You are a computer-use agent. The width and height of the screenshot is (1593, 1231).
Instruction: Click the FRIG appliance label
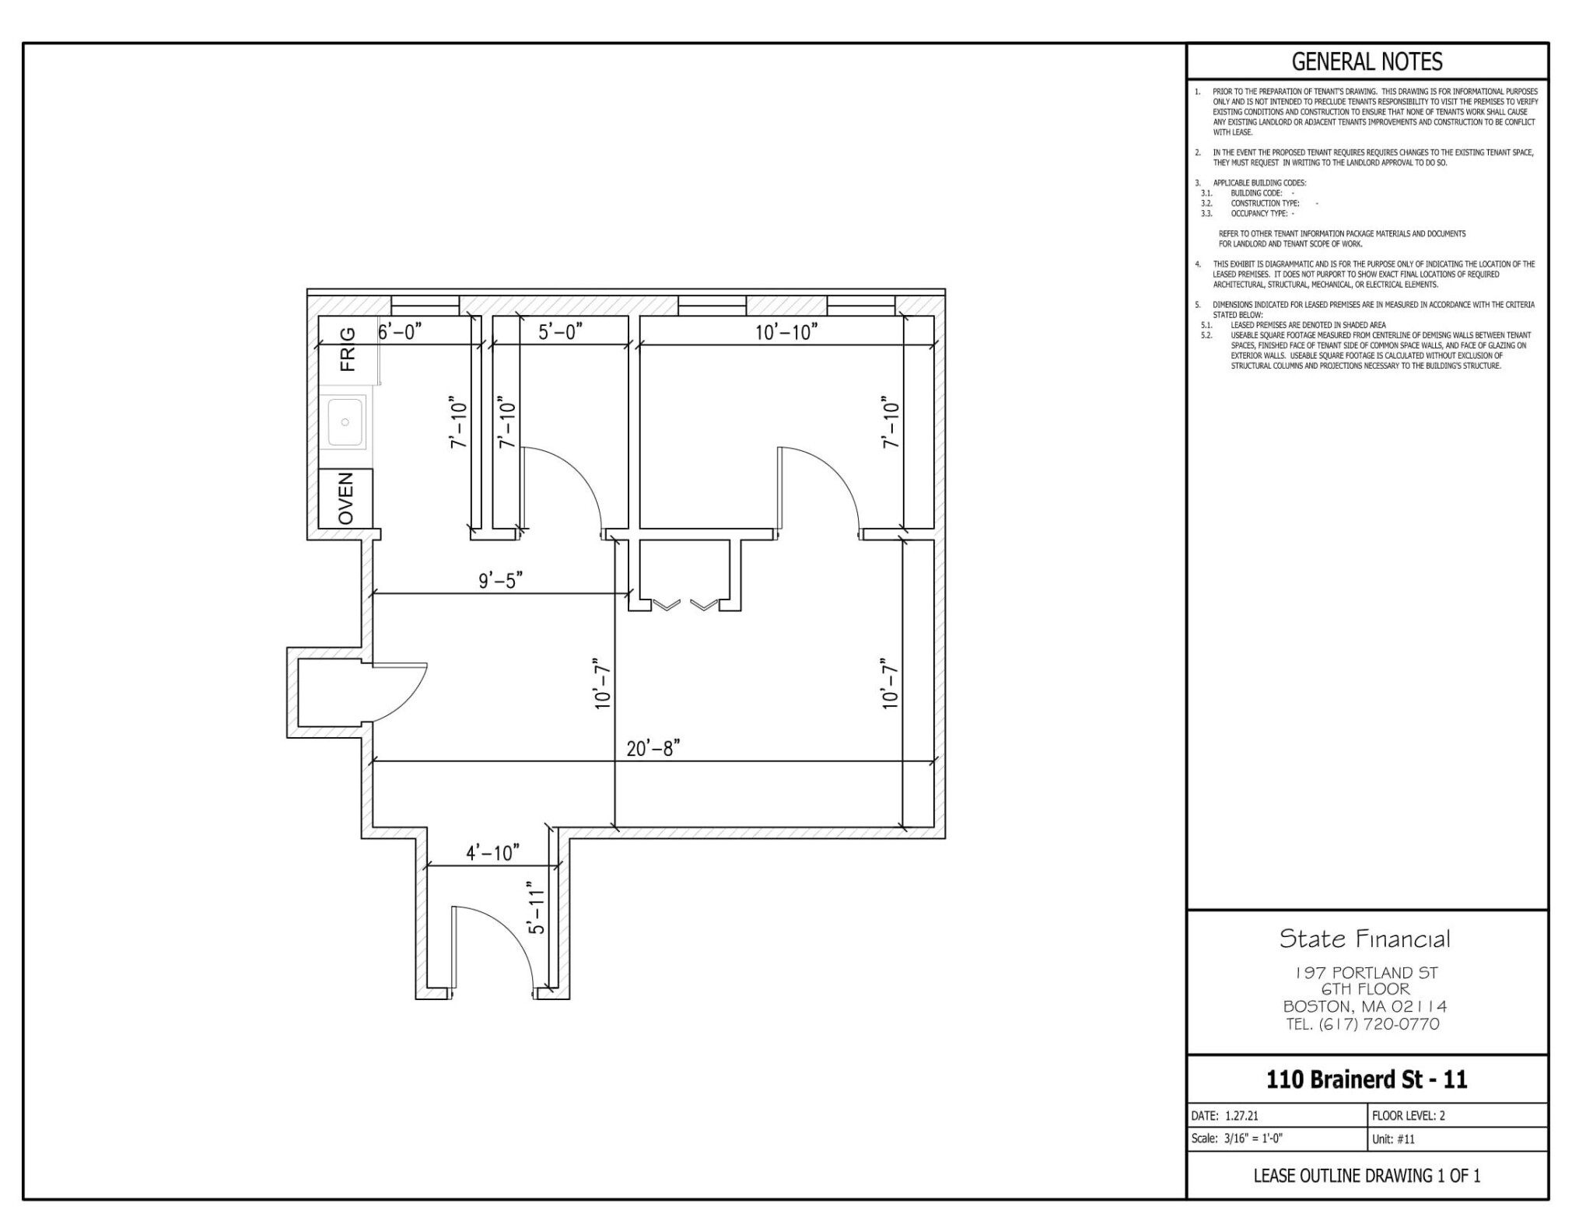coord(347,349)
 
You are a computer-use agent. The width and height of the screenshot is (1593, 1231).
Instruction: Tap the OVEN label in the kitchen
coord(346,498)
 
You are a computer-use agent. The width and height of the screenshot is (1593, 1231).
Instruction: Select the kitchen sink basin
coord(345,422)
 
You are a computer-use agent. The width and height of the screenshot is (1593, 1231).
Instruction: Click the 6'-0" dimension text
coord(400,331)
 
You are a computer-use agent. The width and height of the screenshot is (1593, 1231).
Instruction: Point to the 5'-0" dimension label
coord(560,332)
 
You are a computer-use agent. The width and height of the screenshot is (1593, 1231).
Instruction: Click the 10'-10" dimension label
coord(786,332)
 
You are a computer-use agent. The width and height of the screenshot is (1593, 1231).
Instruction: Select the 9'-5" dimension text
coord(500,580)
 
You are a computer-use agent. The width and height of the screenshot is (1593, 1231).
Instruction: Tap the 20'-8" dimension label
coord(653,748)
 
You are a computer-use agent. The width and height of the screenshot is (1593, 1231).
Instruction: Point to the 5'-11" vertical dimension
coord(536,908)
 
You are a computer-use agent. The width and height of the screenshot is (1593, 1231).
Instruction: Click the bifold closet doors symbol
coord(684,604)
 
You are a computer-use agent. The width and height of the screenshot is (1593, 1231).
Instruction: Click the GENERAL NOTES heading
coord(1367,61)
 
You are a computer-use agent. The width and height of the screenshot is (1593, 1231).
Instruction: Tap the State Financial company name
coord(1365,939)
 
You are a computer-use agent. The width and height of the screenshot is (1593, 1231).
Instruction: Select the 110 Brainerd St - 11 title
coord(1367,1079)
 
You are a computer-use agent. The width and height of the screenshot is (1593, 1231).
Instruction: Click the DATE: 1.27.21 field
coord(1225,1115)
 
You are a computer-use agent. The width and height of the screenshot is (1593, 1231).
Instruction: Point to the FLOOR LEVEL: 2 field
coord(1408,1115)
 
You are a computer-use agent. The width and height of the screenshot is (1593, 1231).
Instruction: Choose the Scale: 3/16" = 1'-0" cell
coord(1237,1138)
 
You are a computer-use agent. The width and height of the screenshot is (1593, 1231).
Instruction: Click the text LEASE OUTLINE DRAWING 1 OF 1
coord(1367,1176)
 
